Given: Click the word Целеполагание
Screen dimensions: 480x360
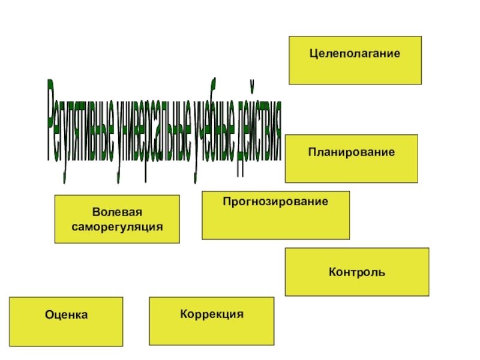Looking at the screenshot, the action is click(x=355, y=54).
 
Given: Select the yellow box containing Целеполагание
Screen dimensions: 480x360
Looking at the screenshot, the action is click(x=355, y=69).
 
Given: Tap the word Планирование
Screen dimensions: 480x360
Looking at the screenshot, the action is click(x=352, y=152).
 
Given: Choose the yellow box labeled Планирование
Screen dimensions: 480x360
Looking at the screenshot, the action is click(x=352, y=168).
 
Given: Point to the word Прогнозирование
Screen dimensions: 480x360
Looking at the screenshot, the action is click(x=276, y=202).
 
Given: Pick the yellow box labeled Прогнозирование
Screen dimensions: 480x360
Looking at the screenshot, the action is click(x=276, y=222).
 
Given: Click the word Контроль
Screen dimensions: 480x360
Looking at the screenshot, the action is click(x=357, y=272).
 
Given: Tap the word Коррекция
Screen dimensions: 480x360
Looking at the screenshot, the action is click(x=212, y=314).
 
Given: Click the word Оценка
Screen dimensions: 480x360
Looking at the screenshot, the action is click(x=66, y=314).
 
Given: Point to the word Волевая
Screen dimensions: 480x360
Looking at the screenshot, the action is click(x=117, y=213).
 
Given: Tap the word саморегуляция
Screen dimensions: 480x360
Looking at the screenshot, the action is click(x=117, y=227).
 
